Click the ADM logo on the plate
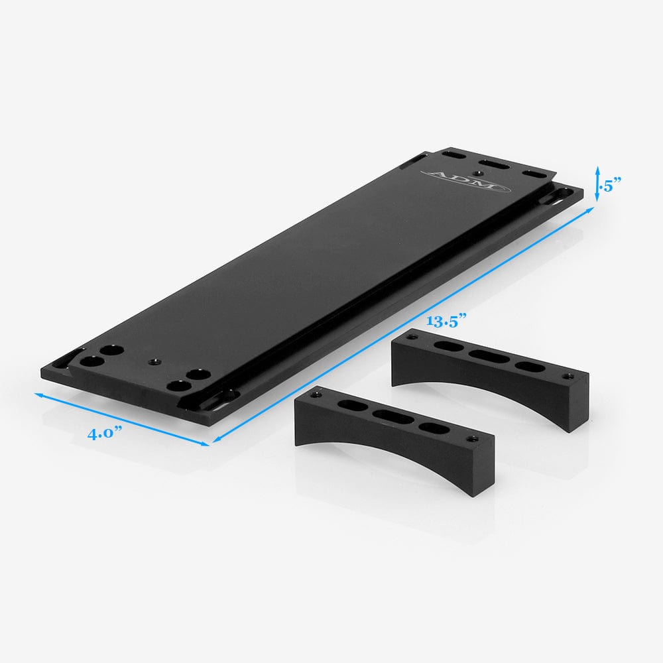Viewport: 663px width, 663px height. pos(465,180)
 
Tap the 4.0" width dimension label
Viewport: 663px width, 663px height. pos(106,434)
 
